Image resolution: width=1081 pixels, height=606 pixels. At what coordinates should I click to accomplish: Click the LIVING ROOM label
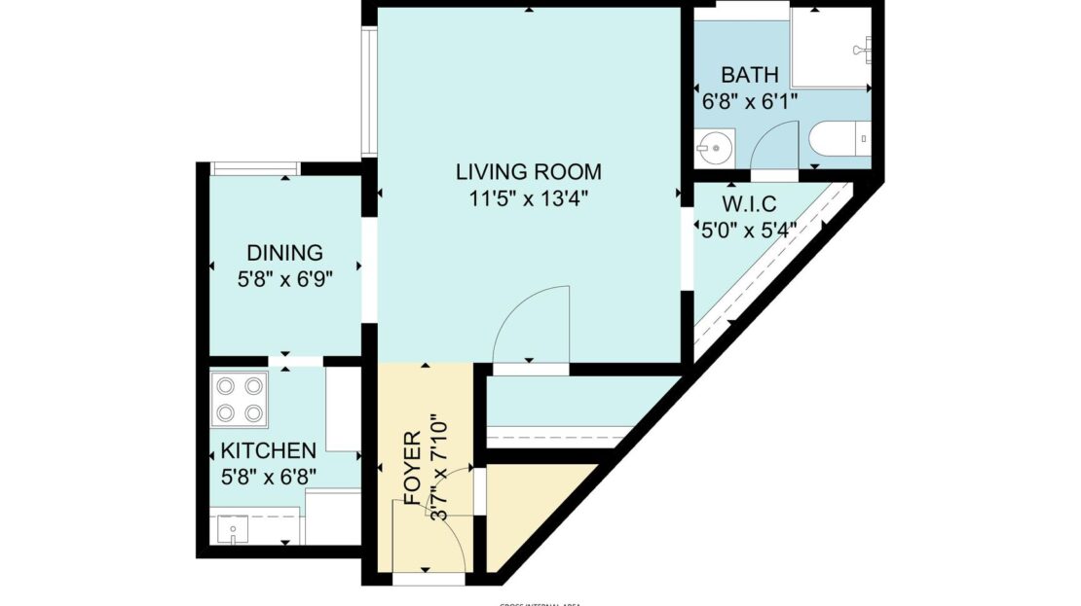coord(529,172)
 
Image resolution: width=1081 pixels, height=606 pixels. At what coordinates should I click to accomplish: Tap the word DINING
coord(283,253)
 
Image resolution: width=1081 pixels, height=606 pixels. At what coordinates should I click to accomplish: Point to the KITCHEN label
coord(268,451)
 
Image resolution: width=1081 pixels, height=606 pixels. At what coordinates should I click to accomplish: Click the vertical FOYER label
coord(412,467)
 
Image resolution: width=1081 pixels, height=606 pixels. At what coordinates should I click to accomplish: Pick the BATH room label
coord(749,75)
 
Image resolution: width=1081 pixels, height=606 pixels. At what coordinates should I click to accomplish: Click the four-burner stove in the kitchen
coord(240,400)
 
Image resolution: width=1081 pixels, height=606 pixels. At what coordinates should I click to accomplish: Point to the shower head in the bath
coord(861,49)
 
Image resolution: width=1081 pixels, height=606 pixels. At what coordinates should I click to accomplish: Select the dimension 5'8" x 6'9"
coord(283,277)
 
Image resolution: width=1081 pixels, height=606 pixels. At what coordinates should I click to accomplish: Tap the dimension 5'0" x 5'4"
coord(750,231)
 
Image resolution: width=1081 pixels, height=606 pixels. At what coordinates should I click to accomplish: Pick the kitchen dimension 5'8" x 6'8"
coord(268,476)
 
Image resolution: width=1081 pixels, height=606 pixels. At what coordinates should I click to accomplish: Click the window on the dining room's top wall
coord(255,169)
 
